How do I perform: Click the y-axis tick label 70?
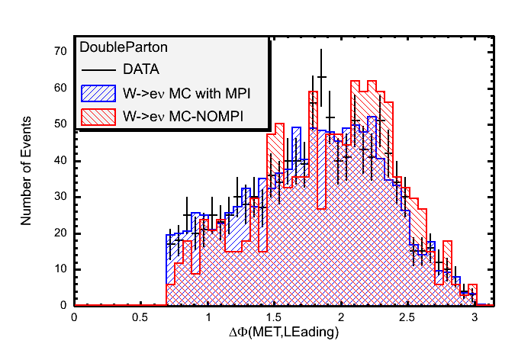58,53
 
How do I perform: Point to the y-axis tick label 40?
58,161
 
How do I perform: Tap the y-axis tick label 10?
58,269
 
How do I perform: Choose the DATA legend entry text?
141,69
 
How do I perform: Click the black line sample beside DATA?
97,69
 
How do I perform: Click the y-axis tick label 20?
58,233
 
